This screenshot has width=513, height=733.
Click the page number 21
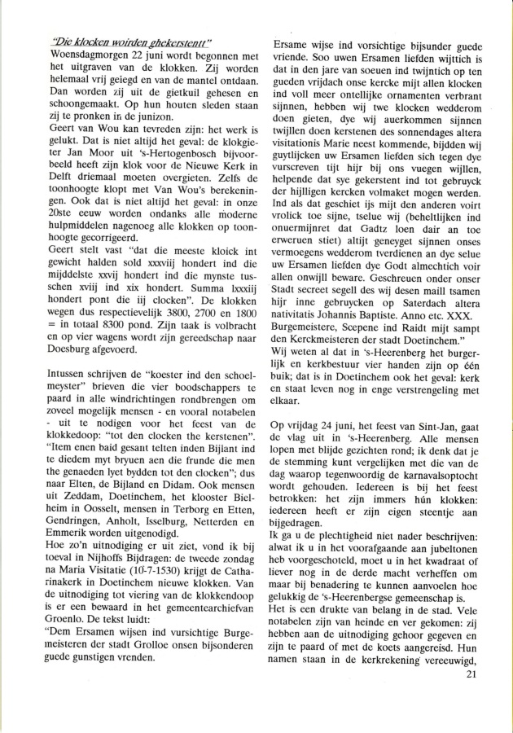[469, 696]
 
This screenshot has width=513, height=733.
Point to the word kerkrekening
[390, 683]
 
